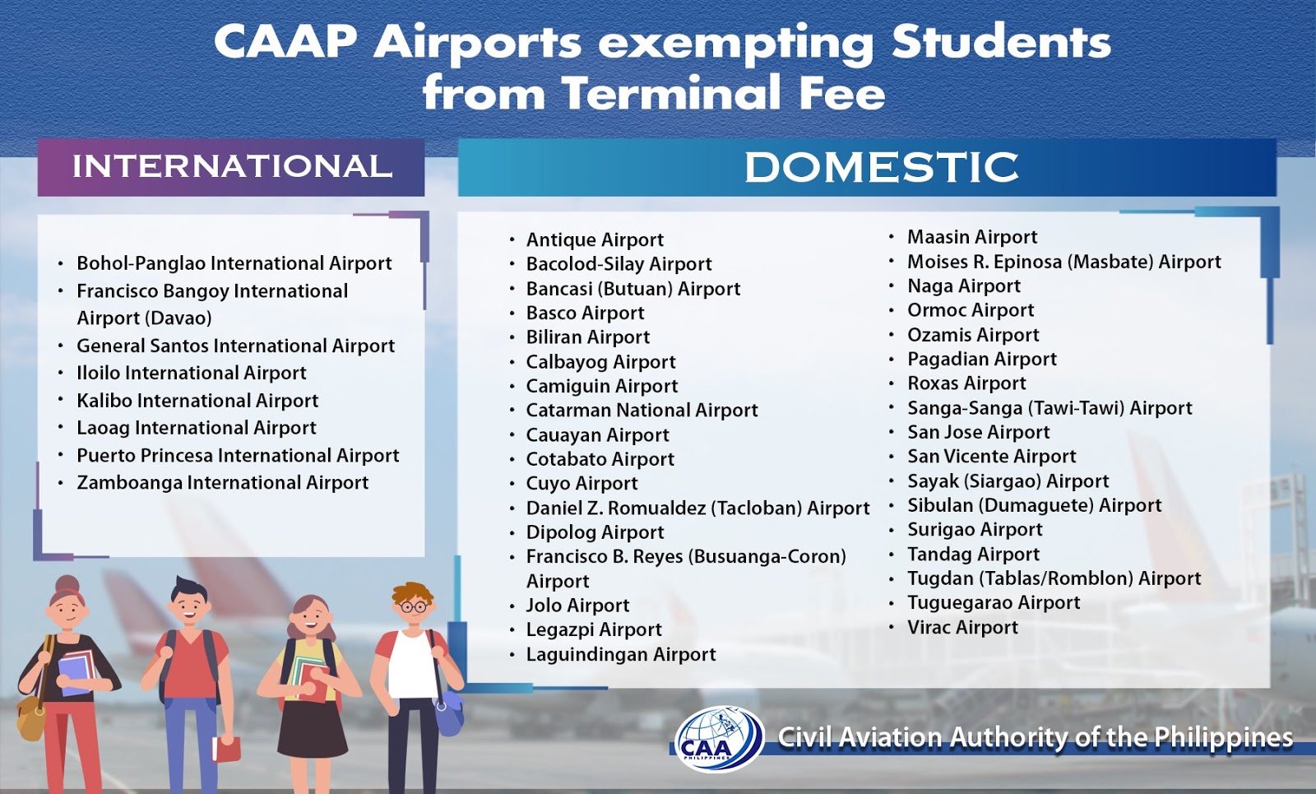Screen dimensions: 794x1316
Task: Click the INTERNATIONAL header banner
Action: coord(231,167)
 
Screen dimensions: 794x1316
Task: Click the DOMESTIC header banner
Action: coord(881,168)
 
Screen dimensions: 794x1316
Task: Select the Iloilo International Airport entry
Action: coord(191,373)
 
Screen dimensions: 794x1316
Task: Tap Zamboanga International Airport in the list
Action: coord(222,483)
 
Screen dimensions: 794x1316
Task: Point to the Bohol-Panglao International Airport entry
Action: coord(234,263)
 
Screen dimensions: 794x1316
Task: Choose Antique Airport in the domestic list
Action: coord(595,239)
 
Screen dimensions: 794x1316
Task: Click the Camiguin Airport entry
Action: coord(602,386)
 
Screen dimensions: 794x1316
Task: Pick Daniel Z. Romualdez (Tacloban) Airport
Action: coord(697,508)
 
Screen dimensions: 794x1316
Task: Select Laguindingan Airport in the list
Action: coord(621,654)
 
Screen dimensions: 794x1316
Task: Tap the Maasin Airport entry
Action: coord(971,237)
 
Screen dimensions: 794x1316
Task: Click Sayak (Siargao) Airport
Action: coord(1008,481)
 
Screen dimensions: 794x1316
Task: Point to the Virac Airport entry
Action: coord(962,628)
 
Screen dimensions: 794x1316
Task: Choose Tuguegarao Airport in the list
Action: coord(994,603)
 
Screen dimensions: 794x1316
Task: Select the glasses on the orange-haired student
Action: coord(414,607)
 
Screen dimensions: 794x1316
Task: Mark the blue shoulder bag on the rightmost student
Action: coord(448,713)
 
